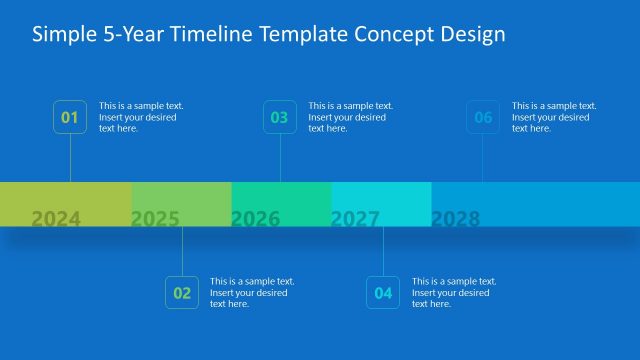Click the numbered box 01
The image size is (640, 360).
(70, 117)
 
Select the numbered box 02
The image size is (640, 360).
(182, 293)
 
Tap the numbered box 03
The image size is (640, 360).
(280, 117)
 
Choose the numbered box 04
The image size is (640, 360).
(384, 293)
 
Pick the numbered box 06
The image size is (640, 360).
(484, 117)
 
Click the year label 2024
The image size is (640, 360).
(56, 218)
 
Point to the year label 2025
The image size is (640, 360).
(155, 218)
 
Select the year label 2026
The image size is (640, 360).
(256, 218)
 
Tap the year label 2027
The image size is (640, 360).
(356, 218)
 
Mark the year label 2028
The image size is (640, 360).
(456, 218)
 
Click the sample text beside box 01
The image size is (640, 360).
(141, 117)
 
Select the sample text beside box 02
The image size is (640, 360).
(252, 293)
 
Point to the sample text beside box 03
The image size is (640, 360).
(351, 117)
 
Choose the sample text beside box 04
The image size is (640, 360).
(454, 293)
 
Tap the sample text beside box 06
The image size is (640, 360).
(554, 117)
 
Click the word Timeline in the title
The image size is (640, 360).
(212, 34)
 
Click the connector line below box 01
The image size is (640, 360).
(70, 158)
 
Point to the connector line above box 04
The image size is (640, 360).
(384, 251)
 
